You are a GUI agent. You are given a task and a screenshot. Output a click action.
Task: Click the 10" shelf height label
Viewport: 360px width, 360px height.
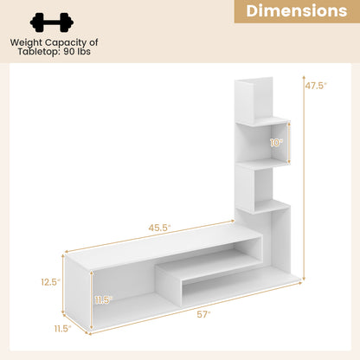pyautogui.click(x=276, y=142)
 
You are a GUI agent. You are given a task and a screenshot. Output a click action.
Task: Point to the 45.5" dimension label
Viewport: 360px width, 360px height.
pyautogui.click(x=159, y=228)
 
